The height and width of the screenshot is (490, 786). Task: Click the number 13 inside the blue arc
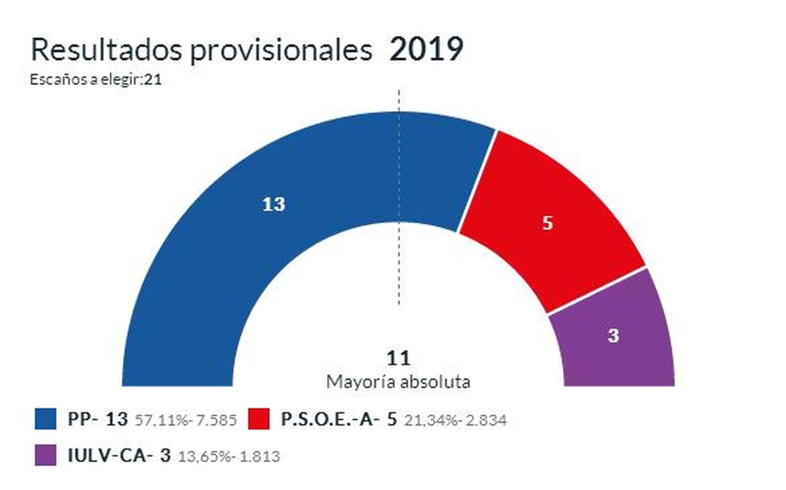(x=274, y=204)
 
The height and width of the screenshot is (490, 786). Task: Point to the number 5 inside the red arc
(x=547, y=223)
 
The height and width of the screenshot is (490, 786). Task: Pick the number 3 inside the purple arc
(x=613, y=336)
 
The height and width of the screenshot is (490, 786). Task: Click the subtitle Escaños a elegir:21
(x=96, y=80)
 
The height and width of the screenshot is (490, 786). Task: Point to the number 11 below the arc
(x=398, y=358)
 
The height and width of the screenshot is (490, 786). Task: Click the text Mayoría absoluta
(x=398, y=382)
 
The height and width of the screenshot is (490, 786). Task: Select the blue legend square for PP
(x=45, y=419)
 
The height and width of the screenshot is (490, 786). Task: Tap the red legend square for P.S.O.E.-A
(x=258, y=419)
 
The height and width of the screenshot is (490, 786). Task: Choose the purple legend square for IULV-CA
(x=45, y=455)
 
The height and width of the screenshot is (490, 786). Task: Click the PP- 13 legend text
(x=97, y=419)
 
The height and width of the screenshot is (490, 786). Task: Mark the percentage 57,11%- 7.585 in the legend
(x=186, y=420)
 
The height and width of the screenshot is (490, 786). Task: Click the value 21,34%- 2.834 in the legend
(x=455, y=420)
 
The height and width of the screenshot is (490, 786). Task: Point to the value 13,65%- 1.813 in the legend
(x=228, y=457)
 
